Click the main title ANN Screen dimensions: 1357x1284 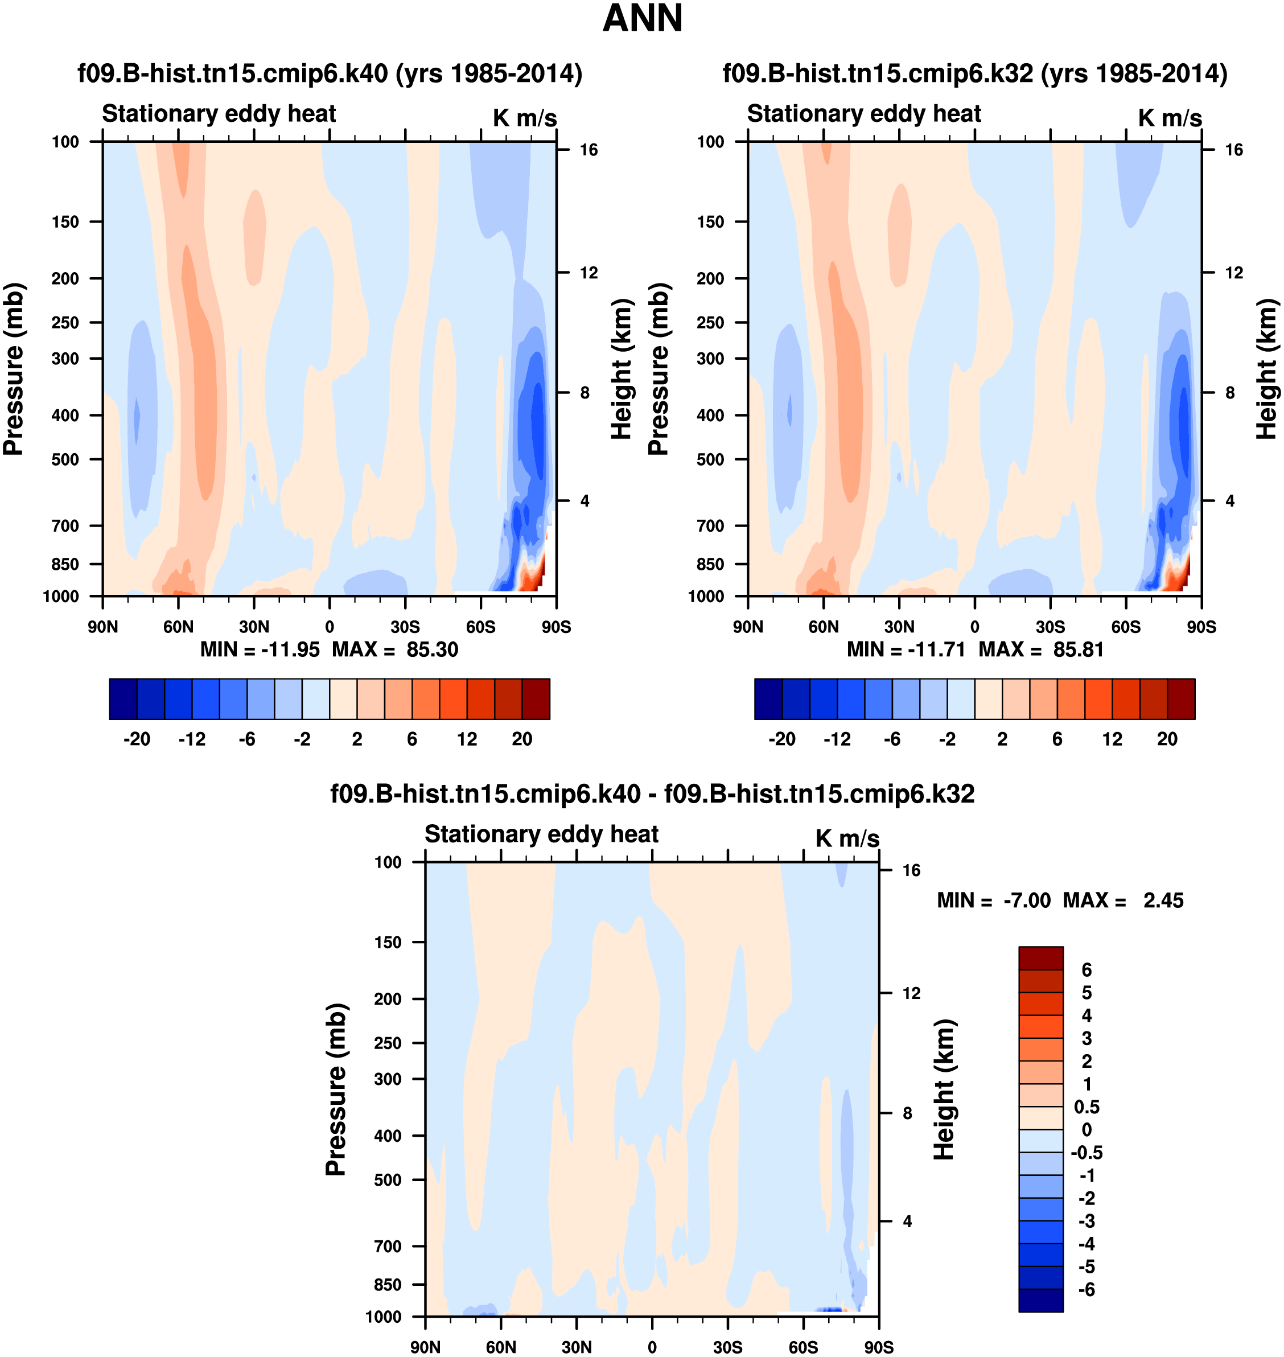[642, 18]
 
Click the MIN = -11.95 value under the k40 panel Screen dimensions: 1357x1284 [260, 649]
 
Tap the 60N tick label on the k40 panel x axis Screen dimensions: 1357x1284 [178, 627]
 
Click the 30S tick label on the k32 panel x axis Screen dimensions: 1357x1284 [1050, 627]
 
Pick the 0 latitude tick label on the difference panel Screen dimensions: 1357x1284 [652, 1347]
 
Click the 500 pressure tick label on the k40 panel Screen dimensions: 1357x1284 [65, 459]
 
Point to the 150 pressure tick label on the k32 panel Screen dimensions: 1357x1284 [710, 222]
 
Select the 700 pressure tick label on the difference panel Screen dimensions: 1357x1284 [388, 1246]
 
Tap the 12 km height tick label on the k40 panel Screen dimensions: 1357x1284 [588, 273]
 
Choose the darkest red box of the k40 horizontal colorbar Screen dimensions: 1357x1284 [535, 699]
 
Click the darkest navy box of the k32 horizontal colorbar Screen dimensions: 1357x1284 [768, 699]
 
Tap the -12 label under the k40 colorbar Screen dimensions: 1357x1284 [192, 739]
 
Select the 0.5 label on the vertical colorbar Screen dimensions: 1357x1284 [1087, 1107]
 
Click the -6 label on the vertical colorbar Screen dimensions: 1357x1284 [1086, 1290]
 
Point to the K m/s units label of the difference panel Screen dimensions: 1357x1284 [847, 838]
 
